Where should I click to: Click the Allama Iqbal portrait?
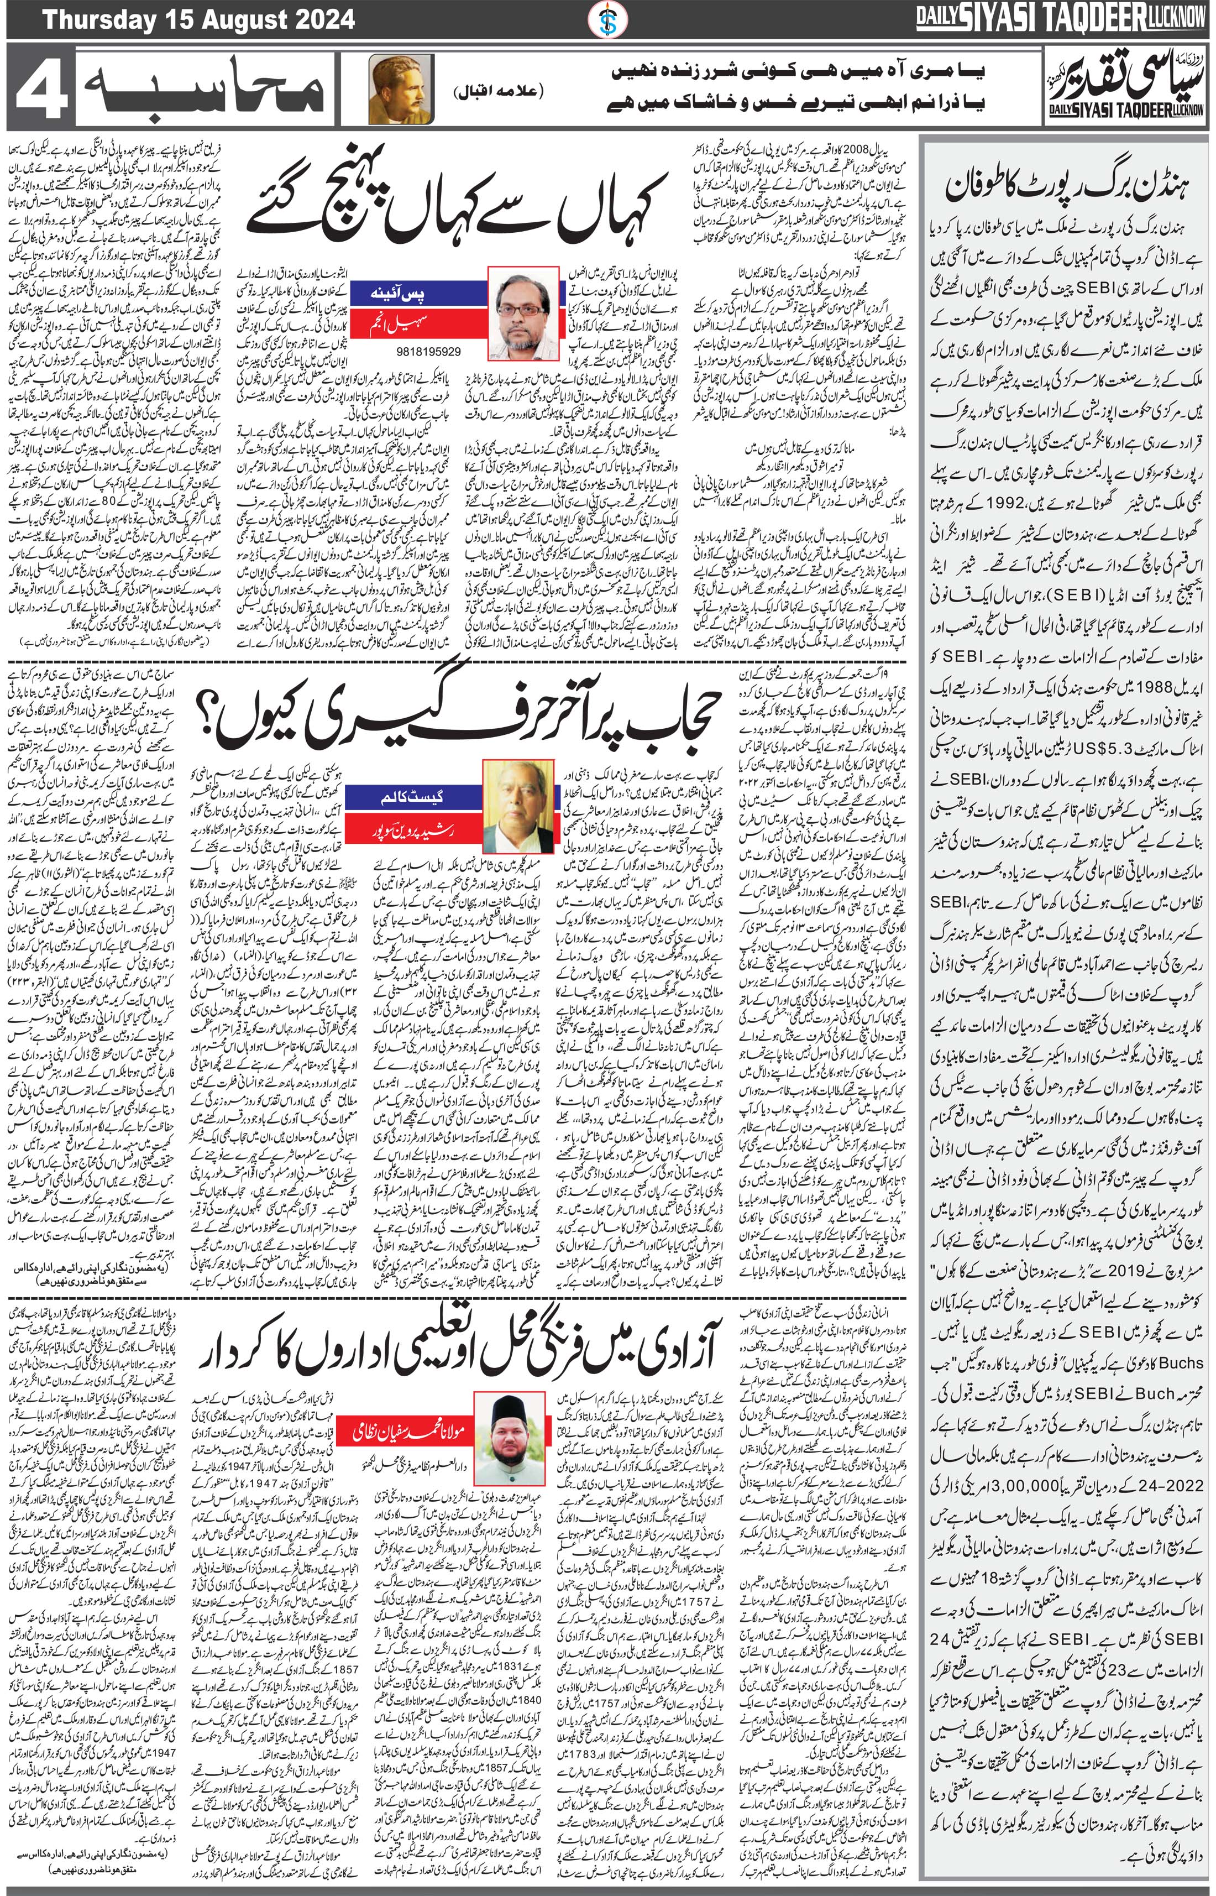[401, 89]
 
